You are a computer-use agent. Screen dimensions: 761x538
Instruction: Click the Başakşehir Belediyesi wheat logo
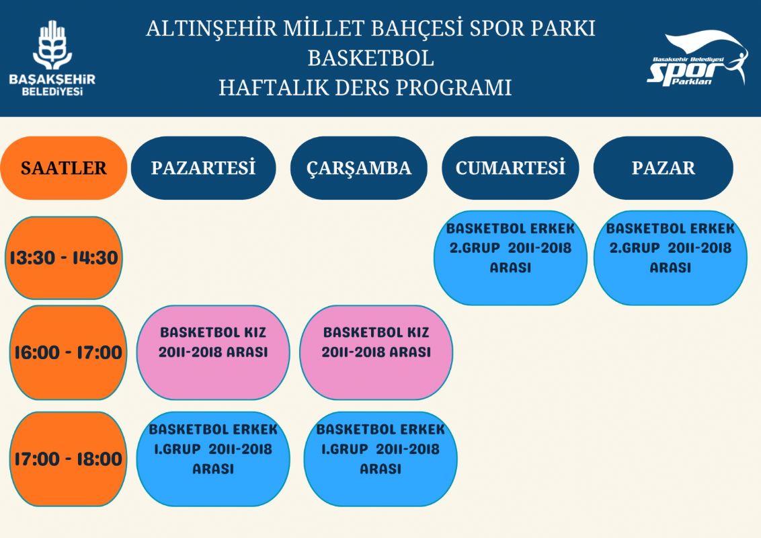tap(52, 45)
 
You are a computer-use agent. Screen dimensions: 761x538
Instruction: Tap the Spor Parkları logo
tap(697, 59)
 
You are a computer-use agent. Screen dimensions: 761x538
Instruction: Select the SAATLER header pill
tap(64, 168)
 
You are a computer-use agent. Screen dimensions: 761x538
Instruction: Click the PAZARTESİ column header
tap(203, 168)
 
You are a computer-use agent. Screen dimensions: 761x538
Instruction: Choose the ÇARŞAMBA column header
tap(359, 168)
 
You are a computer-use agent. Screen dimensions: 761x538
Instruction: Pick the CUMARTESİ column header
tap(510, 168)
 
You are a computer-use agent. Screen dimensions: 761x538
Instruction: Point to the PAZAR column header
tap(663, 168)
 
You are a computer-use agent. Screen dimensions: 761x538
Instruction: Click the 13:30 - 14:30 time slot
tap(64, 258)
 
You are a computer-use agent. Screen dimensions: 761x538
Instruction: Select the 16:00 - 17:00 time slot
tap(68, 352)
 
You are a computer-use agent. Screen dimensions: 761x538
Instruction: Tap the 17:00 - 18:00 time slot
tap(68, 459)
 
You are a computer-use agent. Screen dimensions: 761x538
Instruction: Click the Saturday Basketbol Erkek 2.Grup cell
tap(510, 258)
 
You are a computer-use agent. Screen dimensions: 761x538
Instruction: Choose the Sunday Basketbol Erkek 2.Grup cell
tap(670, 258)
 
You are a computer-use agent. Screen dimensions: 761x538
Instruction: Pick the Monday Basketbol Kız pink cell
tap(213, 352)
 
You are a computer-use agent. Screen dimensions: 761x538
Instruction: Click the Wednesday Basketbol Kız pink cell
tap(376, 352)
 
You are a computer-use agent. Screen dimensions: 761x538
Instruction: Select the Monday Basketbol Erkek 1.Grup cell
tap(213, 459)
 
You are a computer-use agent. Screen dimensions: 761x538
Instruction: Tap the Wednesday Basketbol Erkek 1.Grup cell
tap(380, 459)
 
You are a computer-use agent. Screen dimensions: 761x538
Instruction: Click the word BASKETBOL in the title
tap(371, 59)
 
